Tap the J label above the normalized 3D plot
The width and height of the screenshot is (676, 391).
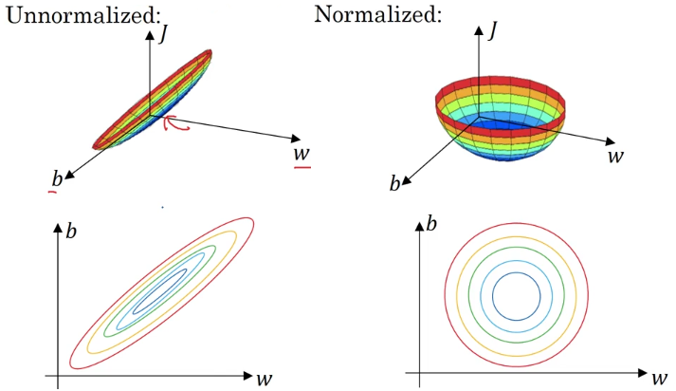click(493, 29)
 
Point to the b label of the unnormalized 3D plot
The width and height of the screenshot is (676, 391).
click(56, 178)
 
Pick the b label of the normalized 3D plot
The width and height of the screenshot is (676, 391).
click(395, 182)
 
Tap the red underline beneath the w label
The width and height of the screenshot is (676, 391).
click(302, 167)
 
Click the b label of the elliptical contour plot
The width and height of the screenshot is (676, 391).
click(73, 230)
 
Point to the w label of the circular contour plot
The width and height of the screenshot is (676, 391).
click(658, 377)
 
